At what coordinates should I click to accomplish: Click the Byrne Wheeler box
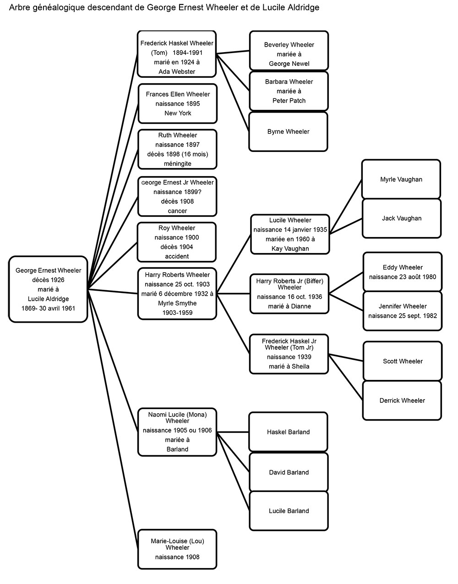tap(288, 132)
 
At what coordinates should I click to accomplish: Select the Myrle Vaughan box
tap(401, 179)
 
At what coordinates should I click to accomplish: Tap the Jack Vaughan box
tap(402, 218)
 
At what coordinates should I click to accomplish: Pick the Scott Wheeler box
tap(403, 361)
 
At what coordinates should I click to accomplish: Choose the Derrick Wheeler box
tap(402, 400)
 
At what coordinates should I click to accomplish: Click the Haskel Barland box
tap(288, 432)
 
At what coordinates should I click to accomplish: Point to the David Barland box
tap(289, 472)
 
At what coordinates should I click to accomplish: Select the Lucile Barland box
tap(289, 511)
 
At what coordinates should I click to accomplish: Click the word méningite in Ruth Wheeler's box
tap(178, 164)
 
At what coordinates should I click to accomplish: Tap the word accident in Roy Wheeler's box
tap(177, 256)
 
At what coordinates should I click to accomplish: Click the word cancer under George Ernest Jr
tap(177, 211)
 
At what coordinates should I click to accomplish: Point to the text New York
tap(178, 113)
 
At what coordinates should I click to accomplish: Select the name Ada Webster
tap(177, 71)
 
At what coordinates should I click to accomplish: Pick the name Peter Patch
tap(289, 101)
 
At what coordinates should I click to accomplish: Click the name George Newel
tap(289, 64)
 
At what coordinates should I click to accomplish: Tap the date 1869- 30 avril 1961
tap(48, 308)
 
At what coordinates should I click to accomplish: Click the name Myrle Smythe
tap(177, 303)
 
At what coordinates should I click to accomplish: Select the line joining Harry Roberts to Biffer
tap(234, 294)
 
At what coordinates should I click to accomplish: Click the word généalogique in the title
tap(58, 8)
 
